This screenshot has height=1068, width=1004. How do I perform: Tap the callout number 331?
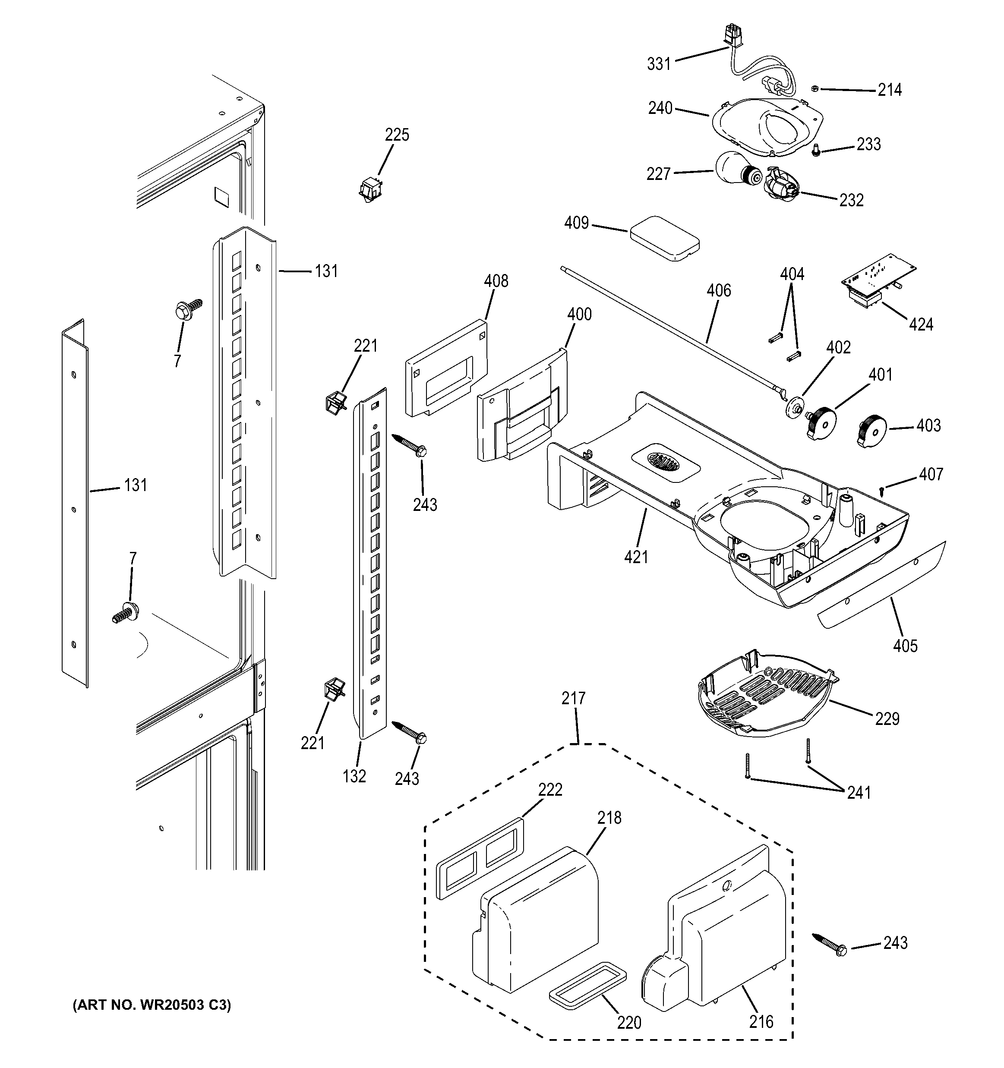(659, 64)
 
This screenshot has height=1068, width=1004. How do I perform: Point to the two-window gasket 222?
(480, 858)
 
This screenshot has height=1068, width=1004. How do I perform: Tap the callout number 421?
(636, 557)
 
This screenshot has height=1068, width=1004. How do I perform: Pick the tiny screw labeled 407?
(881, 489)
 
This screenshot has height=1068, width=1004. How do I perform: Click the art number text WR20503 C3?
(152, 1005)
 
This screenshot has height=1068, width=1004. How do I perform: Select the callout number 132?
(354, 776)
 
